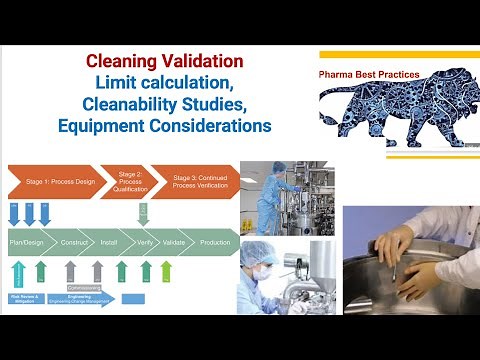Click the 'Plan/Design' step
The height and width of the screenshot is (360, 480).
33,241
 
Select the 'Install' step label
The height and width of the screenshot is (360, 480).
113,241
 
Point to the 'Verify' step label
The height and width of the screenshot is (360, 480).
145,241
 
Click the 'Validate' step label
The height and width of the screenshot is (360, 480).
176,241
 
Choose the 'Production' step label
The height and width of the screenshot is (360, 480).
214,241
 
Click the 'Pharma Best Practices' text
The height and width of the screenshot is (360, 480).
368,74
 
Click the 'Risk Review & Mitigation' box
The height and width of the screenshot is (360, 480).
25,297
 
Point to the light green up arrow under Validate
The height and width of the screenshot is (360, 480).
165,270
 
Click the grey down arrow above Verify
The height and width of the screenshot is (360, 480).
143,213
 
